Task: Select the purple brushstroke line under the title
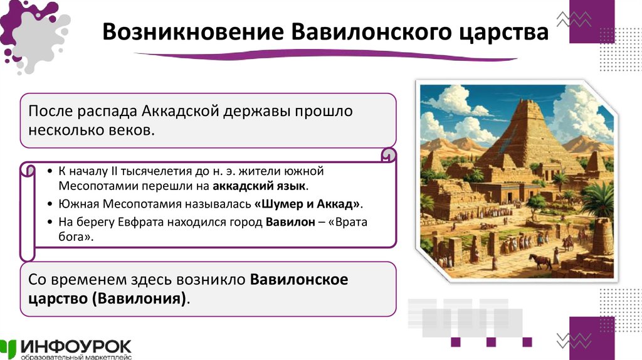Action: pyautogui.click(x=326, y=57)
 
